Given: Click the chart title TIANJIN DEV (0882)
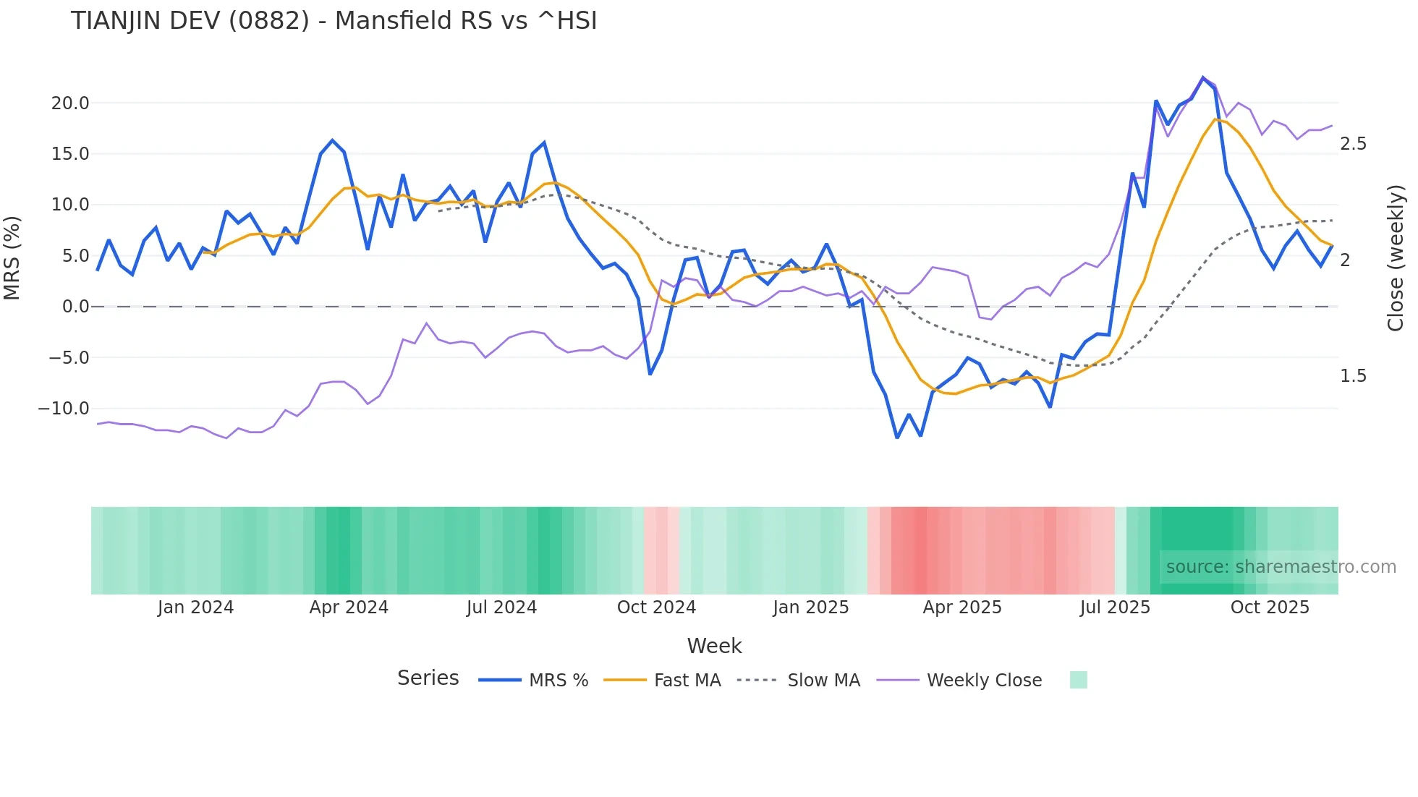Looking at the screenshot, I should pos(334,21).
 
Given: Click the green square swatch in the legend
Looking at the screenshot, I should pos(1078,680).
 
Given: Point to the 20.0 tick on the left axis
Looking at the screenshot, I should pos(70,103).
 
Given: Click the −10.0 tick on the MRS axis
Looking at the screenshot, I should pos(64,409).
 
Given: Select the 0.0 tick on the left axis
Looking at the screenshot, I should pos(75,307).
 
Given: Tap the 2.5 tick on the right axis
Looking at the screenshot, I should pos(1353,144).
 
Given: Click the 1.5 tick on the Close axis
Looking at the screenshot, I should pos(1353,376).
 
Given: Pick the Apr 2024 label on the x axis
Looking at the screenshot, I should pos(349,608).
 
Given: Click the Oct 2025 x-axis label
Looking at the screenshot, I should pos(1270,608).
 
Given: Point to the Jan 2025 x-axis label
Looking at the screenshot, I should pos(810,608).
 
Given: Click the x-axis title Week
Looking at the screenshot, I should pos(714,646).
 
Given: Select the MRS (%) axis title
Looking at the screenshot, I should pos(12,257).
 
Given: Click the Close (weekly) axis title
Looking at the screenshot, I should pos(1396,258).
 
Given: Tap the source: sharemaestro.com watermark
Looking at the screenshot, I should pos(1281,567).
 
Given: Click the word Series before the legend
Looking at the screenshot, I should pos(428,678).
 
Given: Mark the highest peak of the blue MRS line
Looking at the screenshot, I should pos(1203,78).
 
